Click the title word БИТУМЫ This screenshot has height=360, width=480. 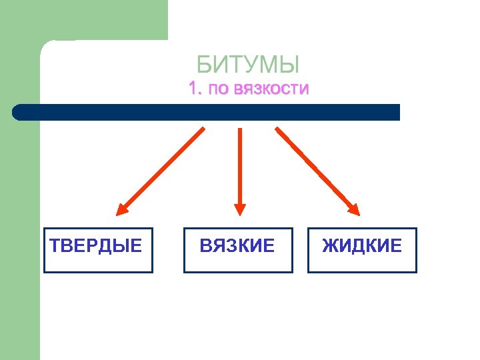[248, 65]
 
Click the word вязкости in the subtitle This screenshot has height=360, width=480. [269, 89]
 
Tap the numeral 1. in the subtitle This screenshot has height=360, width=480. [195, 88]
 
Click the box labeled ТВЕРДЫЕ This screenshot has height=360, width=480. [98, 251]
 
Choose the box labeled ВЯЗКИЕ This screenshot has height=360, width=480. [238, 251]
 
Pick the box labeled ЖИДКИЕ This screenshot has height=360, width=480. [362, 251]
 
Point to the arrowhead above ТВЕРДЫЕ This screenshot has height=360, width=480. [122, 209]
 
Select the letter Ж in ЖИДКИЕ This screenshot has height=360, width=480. [329, 246]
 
